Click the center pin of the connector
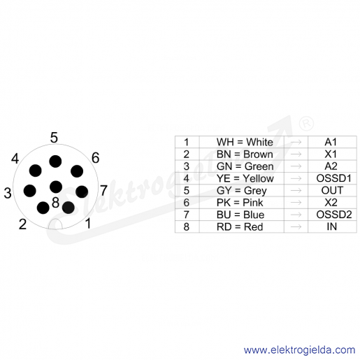click(56, 187)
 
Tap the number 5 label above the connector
click(54, 138)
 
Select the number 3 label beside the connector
click(8, 193)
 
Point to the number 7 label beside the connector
click(103, 190)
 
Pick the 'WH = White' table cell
click(242, 142)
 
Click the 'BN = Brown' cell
click(242, 154)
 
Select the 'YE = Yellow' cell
click(242, 178)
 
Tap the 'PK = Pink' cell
click(242, 203)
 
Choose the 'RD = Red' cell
click(242, 226)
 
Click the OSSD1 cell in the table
click(332, 178)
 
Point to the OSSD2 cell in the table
click(332, 215)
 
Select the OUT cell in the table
click(332, 190)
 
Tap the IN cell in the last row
click(332, 226)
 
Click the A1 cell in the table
click(332, 142)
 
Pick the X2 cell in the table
click(332, 203)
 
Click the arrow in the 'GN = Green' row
click(296, 166)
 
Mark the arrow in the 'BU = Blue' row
click(296, 215)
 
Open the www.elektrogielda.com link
click(299, 350)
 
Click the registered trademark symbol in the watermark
click(306, 124)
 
